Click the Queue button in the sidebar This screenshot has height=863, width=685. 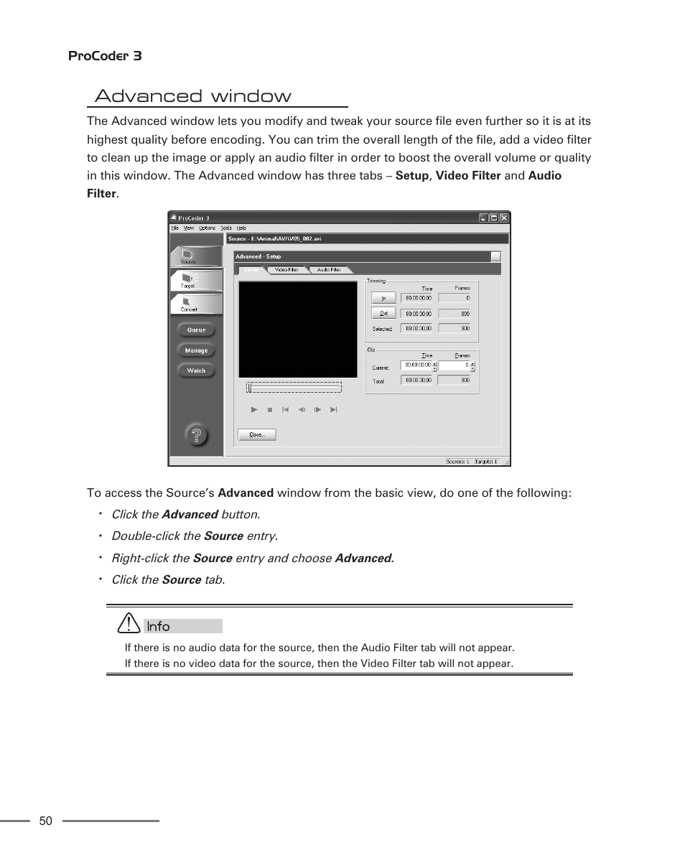pos(196,330)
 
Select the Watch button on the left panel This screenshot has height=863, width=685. pos(196,370)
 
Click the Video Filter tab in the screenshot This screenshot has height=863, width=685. pos(286,270)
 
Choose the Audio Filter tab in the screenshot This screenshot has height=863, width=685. pos(329,270)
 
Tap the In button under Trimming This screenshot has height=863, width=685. pos(383,297)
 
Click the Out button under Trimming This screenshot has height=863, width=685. pos(383,313)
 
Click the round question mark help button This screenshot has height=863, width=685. pos(196,434)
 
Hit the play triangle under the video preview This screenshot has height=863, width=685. pos(254,410)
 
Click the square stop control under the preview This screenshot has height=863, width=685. pos(270,410)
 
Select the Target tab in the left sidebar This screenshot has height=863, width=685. pos(189,281)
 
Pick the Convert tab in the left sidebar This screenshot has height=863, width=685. pos(189,304)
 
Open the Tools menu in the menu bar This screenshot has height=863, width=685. pos(226,228)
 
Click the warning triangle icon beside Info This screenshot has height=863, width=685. pos(129,623)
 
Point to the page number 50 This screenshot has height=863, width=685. pos(46,821)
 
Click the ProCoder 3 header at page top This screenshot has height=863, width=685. pos(105,56)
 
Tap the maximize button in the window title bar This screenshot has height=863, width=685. pos(493,218)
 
